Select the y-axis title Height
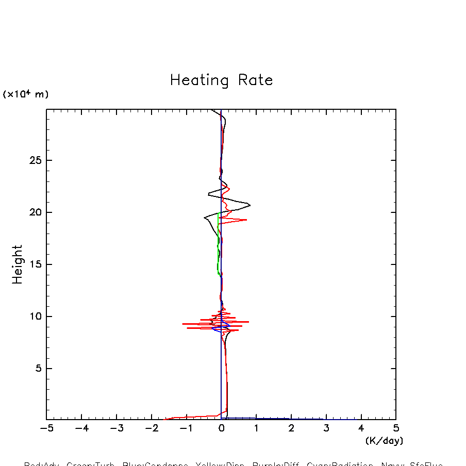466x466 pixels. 18,264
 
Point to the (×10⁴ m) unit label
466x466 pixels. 26,94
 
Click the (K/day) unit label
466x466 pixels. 384,441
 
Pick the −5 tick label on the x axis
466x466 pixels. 46,428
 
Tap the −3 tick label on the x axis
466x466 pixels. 116,428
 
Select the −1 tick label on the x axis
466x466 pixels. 186,428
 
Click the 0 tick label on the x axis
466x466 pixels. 222,428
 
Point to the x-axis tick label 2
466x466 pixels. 291,428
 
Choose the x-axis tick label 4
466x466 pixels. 361,428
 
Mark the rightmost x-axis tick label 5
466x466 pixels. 396,428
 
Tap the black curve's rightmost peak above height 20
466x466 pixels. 250,205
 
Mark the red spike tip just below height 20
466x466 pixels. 246,220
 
